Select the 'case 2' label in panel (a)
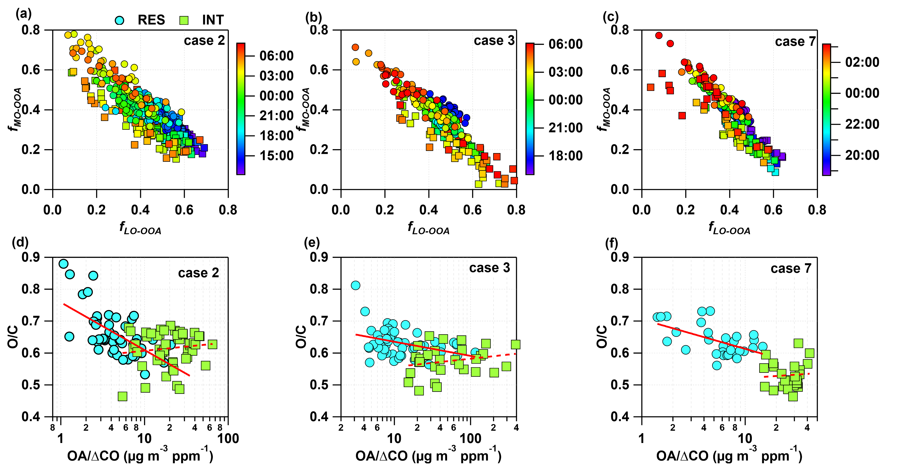(204, 41)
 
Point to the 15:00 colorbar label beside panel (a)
(276, 156)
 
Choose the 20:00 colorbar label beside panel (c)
(862, 155)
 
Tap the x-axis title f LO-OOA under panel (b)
(428, 228)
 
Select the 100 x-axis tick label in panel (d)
(228, 438)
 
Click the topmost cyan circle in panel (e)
(355, 285)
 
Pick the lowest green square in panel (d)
(122, 396)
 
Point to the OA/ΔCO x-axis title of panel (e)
(428, 456)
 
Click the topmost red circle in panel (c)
(659, 35)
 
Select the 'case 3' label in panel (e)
(489, 268)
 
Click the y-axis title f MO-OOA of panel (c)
(603, 109)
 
